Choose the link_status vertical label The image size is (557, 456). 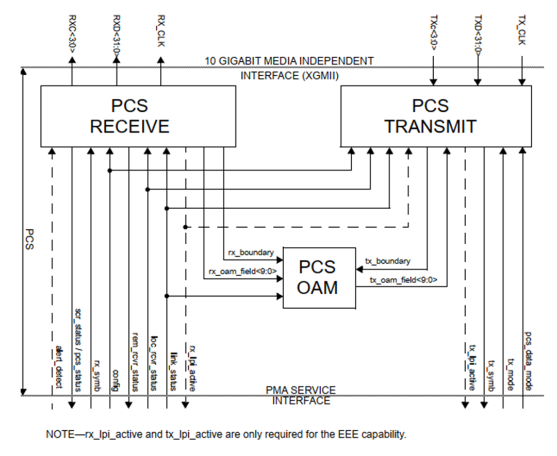point(174,367)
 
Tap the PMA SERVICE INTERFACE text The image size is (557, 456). point(301,395)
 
